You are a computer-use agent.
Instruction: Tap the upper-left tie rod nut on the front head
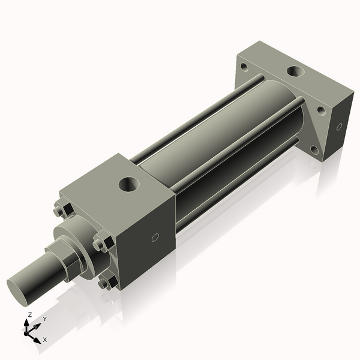[x=60, y=211]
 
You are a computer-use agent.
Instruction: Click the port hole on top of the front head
[x=131, y=184]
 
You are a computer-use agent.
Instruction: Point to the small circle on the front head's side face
[x=155, y=238]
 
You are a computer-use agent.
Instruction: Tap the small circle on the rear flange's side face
[x=339, y=127]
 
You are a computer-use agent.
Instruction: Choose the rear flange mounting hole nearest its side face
[x=322, y=111]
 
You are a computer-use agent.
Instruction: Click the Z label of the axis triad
[x=30, y=314]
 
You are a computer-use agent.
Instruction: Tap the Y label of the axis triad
[x=44, y=319]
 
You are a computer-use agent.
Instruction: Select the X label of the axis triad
[x=44, y=340]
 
